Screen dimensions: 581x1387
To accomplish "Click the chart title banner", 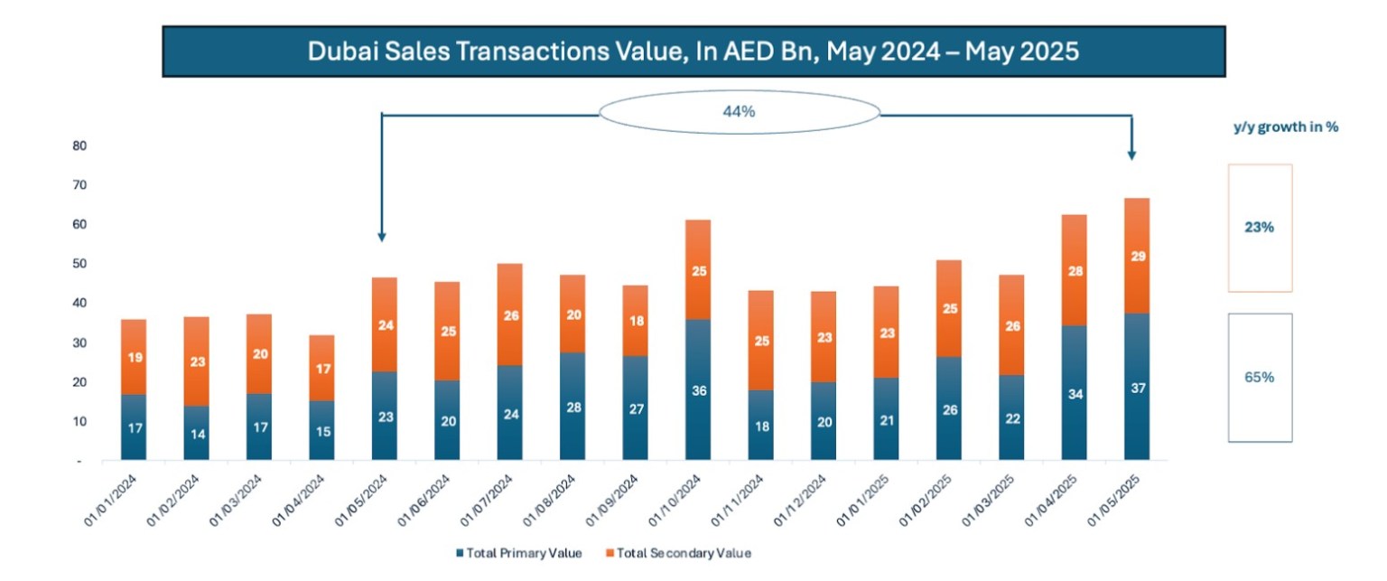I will (x=693, y=52).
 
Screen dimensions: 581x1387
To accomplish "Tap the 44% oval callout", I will (x=740, y=111).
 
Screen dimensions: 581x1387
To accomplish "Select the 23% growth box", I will (x=1260, y=228).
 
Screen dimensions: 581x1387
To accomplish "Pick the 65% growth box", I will (x=1260, y=378).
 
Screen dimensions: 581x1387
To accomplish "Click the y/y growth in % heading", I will (x=1286, y=127).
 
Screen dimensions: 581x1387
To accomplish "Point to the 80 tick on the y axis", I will (x=79, y=145).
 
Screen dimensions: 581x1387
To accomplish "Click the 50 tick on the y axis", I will (x=79, y=264).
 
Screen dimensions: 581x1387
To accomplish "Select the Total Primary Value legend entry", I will (x=519, y=553).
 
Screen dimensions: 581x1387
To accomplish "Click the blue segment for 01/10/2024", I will (x=697, y=390).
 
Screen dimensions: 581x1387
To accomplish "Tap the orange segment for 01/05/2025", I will (x=1136, y=256).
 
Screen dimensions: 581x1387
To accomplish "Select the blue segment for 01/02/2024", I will (x=196, y=433).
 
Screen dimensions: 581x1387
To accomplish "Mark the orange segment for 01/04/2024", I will (x=321, y=368).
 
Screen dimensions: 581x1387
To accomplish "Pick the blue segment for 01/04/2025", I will (x=1074, y=392).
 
